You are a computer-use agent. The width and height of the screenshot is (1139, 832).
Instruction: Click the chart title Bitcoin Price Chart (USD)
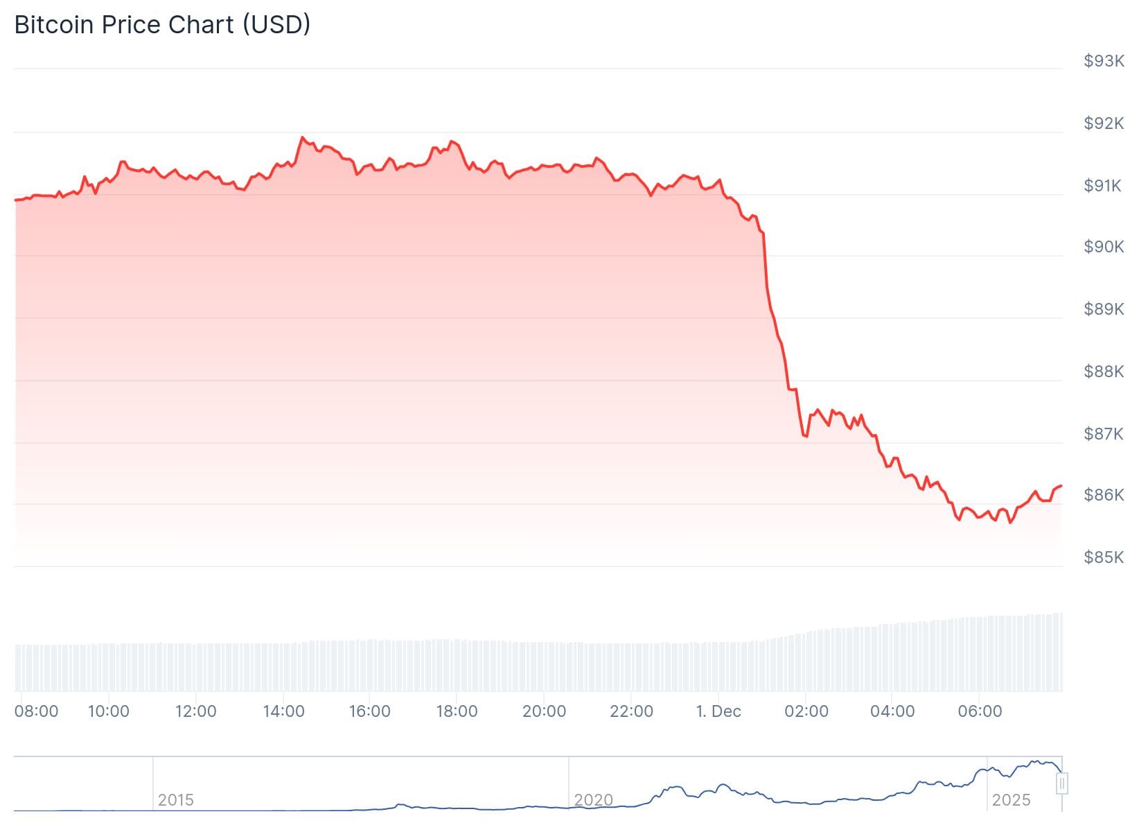[162, 25]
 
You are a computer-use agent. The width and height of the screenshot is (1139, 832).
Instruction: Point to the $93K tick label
[1104, 61]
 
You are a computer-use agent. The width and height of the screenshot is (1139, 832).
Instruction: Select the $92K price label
[1104, 123]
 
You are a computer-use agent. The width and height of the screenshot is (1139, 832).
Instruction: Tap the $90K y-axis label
[1104, 247]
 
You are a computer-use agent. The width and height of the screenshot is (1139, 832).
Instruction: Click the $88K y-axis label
[1104, 372]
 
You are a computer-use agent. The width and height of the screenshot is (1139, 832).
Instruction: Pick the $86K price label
[1104, 495]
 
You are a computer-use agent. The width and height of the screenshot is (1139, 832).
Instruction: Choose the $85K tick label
[1104, 557]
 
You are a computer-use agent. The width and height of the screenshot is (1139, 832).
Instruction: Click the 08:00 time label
[37, 711]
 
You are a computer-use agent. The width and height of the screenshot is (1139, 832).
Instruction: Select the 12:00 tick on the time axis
[195, 711]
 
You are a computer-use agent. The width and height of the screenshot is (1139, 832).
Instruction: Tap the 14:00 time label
[283, 711]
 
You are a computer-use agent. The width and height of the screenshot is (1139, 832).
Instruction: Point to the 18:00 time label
[457, 711]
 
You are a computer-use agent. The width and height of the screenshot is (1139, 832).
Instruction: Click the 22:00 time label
[631, 711]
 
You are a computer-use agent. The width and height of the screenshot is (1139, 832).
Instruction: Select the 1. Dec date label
[718, 711]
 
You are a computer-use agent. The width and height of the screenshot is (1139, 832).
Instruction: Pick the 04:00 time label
[892, 711]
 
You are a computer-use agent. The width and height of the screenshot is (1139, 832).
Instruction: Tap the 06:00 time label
[980, 711]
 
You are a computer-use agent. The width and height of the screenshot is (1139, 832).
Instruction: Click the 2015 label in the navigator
[175, 800]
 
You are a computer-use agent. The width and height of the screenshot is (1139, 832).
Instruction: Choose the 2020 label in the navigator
[593, 800]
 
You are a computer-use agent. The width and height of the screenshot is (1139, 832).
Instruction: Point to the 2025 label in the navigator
[1011, 800]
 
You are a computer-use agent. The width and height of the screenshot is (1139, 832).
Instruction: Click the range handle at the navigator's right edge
[1062, 783]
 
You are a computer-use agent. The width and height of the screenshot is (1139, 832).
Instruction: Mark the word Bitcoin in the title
[55, 25]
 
